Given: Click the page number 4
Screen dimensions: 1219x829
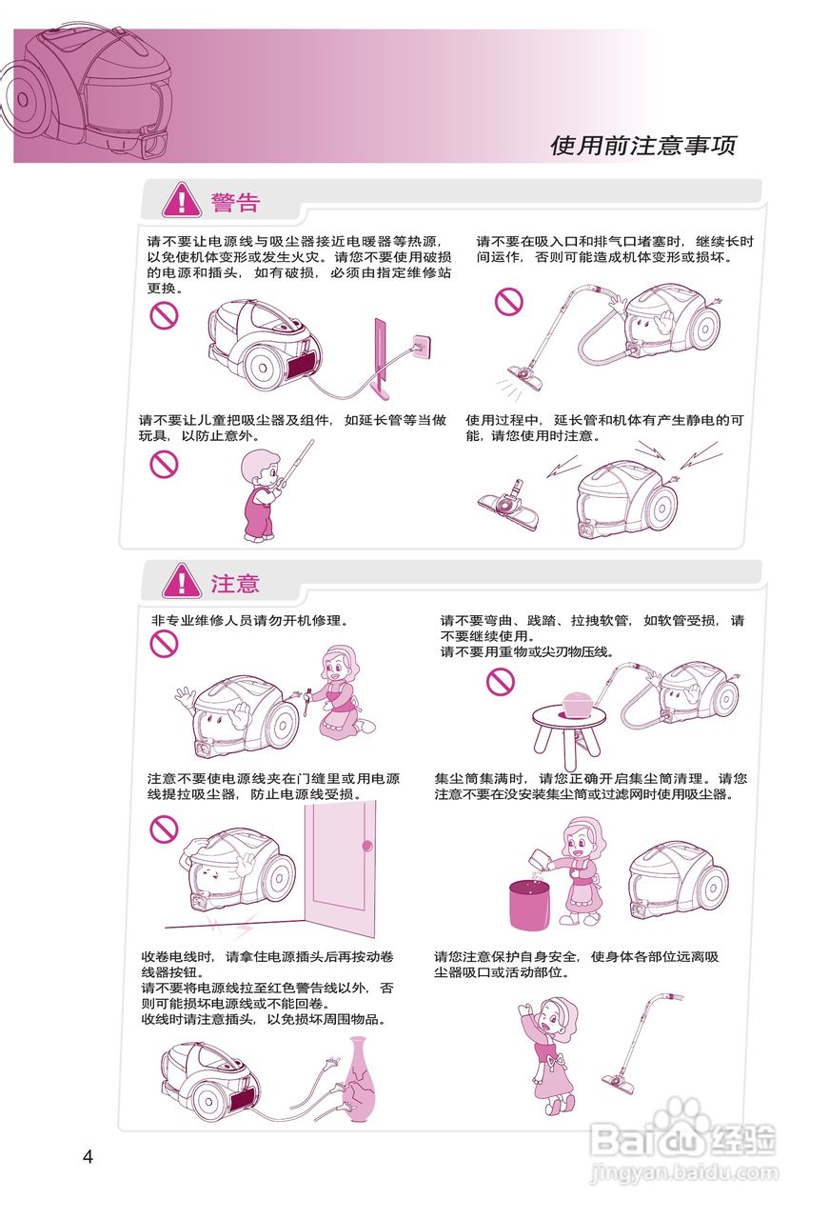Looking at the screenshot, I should coord(88,1157).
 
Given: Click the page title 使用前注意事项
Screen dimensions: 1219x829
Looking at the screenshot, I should coord(643,146).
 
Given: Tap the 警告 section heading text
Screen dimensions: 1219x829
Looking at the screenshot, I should coord(235,202).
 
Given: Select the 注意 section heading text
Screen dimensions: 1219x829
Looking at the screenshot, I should coord(235,583).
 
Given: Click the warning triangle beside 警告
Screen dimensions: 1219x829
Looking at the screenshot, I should coord(181,201).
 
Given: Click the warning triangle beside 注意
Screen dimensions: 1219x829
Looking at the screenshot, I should coord(181,582).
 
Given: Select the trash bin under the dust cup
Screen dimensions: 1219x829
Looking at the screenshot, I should coord(531,904).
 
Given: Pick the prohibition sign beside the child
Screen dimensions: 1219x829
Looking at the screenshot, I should coord(165,464).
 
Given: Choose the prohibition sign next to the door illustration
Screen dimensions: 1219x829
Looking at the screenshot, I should coord(165,829).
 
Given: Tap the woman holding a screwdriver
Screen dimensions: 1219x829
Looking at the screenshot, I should coord(337,689).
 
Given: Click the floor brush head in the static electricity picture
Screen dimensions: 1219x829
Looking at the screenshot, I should coord(508,505).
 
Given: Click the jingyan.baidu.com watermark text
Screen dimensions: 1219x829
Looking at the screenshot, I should coord(683,1173).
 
